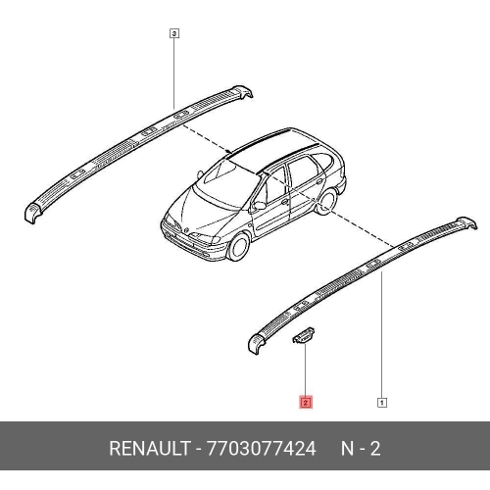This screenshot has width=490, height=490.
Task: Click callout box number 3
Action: (174, 33)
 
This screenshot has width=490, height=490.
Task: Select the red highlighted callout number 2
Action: (306, 403)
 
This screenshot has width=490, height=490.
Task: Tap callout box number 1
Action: (382, 403)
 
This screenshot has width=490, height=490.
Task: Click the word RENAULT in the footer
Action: (150, 448)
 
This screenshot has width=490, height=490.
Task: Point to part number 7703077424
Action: (262, 448)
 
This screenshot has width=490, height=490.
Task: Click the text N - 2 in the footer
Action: (361, 448)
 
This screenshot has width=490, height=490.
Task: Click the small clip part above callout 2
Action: (304, 336)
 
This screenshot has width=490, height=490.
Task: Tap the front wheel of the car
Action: (239, 247)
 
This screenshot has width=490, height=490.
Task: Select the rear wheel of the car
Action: (327, 202)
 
